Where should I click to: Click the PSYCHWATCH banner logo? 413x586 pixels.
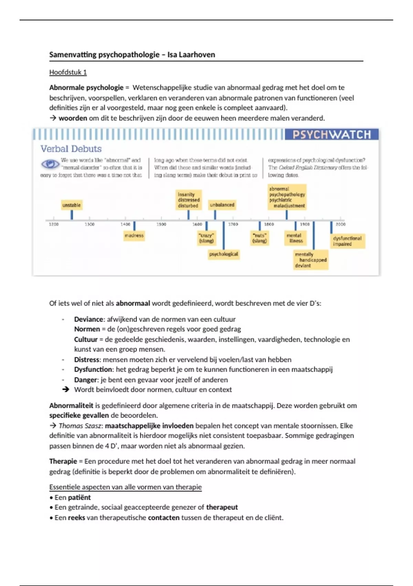(x=331, y=134)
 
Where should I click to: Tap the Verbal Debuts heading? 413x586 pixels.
(x=71, y=149)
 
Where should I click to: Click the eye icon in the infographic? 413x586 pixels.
(x=50, y=164)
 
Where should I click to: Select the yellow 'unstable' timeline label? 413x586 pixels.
(x=72, y=205)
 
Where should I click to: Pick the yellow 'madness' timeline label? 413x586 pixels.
(x=134, y=236)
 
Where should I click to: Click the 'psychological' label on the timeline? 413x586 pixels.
(x=224, y=254)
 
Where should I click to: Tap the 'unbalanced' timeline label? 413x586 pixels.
(x=222, y=205)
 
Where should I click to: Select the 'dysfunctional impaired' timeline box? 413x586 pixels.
(x=347, y=241)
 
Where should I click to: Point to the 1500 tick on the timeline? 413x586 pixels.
(x=161, y=224)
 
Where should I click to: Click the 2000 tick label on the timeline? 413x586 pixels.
(x=340, y=224)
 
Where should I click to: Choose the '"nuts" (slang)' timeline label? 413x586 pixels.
(x=260, y=238)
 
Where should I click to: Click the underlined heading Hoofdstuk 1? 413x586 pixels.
(x=68, y=72)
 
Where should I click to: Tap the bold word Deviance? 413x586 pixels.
(x=88, y=319)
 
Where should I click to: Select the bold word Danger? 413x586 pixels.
(x=86, y=380)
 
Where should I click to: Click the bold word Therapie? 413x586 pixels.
(x=63, y=461)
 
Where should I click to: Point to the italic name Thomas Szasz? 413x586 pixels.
(x=80, y=426)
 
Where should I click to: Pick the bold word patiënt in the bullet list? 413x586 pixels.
(x=79, y=497)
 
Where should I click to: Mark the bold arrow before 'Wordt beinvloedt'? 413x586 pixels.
(x=65, y=390)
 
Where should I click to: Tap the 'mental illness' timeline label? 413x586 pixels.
(x=294, y=238)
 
